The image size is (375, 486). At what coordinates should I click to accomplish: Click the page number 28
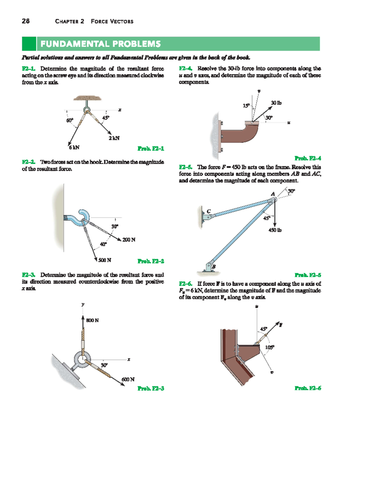point(26,21)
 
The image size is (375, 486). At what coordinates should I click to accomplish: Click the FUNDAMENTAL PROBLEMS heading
point(100,44)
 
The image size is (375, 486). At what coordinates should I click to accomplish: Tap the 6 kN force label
point(74,147)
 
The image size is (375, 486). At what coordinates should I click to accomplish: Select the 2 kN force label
point(114,138)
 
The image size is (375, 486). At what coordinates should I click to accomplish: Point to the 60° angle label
point(69,120)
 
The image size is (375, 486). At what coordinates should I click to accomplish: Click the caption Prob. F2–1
point(151,148)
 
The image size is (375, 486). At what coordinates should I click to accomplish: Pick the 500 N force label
point(105,260)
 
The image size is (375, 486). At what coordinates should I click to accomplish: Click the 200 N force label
point(129,240)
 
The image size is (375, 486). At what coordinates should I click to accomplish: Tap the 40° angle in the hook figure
point(103,244)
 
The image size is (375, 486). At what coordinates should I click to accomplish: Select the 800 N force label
point(92,320)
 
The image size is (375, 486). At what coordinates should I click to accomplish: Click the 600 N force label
point(128,379)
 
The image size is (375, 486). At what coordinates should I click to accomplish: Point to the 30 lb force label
point(276,103)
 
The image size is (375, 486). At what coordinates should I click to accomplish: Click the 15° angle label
point(246,106)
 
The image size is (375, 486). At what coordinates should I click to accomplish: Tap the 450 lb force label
point(275,230)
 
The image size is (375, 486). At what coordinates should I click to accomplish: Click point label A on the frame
point(272,194)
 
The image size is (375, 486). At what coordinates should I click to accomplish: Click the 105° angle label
point(270,347)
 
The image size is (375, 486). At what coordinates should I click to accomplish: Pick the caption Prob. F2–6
point(308,388)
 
